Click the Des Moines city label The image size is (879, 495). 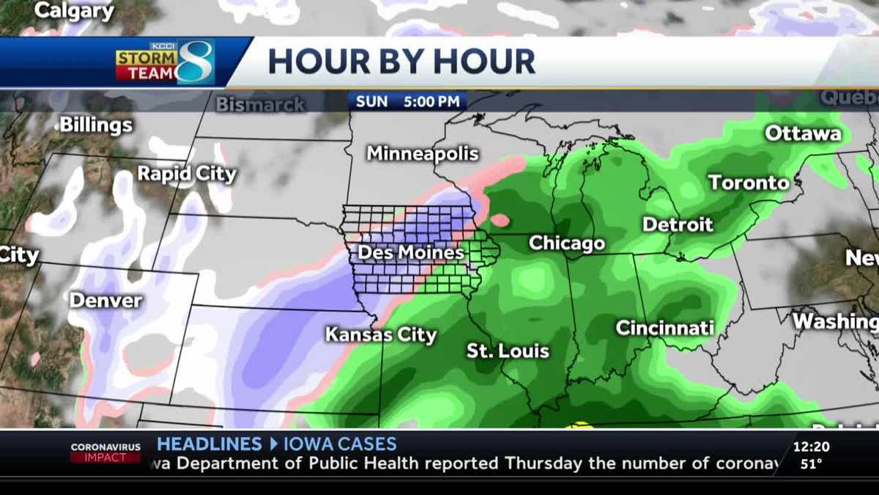[x=410, y=253]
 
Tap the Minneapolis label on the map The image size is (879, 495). [x=423, y=154]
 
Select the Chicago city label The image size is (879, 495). [x=567, y=243]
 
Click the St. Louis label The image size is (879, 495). [x=508, y=351]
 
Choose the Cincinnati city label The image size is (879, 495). [x=664, y=328]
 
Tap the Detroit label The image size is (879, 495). [x=678, y=224]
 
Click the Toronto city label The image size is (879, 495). [x=749, y=183]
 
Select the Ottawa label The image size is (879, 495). [x=803, y=134]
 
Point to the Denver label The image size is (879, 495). [x=105, y=301]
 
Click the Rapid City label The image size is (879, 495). [x=187, y=175]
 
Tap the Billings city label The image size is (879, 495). [x=96, y=125]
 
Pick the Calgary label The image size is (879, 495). [x=75, y=11]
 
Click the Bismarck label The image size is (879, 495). [x=260, y=105]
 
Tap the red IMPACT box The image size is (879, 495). [x=105, y=458]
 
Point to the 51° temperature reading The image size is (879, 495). [x=810, y=463]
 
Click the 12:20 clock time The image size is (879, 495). [x=811, y=446]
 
